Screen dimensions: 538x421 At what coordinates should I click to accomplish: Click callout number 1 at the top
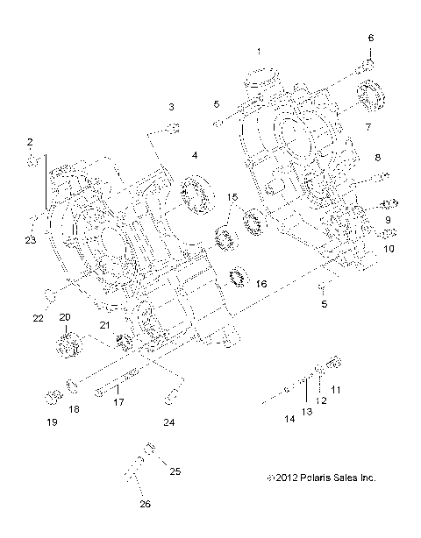click(258, 50)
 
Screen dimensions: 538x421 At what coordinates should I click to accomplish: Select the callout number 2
click(30, 141)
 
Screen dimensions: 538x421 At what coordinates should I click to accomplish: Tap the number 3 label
click(172, 106)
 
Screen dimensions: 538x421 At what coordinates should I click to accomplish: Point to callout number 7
click(368, 126)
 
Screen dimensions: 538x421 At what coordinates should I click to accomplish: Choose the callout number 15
click(232, 198)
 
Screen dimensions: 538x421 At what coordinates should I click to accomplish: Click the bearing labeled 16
click(235, 277)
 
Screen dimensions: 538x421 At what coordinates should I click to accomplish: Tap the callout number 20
click(65, 316)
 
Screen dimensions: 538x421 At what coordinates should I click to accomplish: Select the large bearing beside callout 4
click(197, 193)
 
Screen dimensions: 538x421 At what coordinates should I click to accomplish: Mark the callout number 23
click(30, 240)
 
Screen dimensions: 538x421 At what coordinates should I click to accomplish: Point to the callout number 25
click(175, 471)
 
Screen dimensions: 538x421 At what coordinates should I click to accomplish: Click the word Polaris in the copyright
click(310, 478)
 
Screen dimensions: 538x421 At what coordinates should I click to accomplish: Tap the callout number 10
click(389, 248)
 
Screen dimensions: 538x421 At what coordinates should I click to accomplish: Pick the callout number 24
click(169, 422)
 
